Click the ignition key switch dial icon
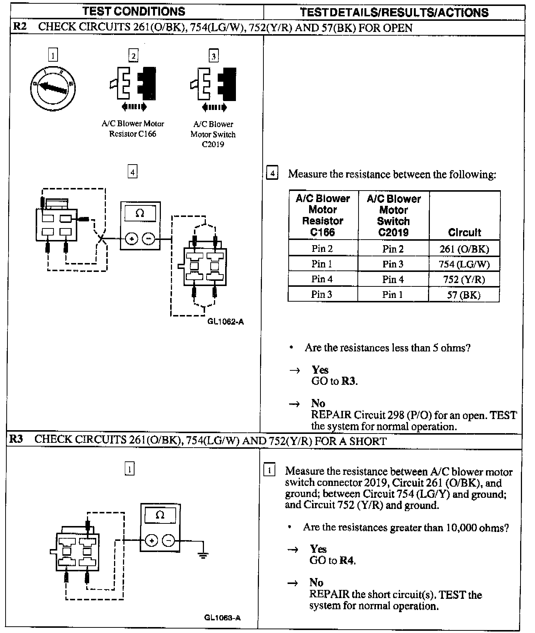pyautogui.click(x=52, y=88)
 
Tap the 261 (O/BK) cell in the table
pyautogui.click(x=464, y=249)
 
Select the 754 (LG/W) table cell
pyautogui.click(x=464, y=264)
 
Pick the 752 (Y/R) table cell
pyautogui.click(x=464, y=279)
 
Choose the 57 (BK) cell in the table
pyautogui.click(x=464, y=295)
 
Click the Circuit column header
pyautogui.click(x=464, y=233)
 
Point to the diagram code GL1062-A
pyautogui.click(x=226, y=322)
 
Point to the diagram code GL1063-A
pyautogui.click(x=222, y=618)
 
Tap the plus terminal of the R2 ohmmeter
pyautogui.click(x=131, y=239)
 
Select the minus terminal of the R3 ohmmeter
pyautogui.click(x=169, y=541)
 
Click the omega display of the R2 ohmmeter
pyautogui.click(x=140, y=213)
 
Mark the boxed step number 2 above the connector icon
pyautogui.click(x=133, y=56)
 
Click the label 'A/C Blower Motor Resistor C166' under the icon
pyautogui.click(x=133, y=129)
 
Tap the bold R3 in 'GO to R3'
pyautogui.click(x=348, y=381)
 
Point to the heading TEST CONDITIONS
pyautogui.click(x=134, y=12)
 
